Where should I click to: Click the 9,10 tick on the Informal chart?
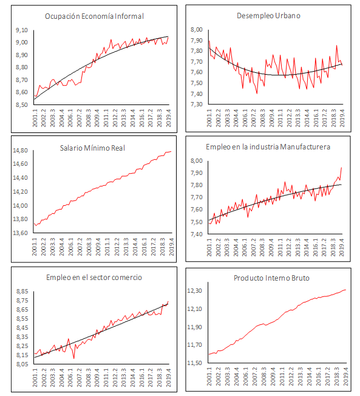point(21,30)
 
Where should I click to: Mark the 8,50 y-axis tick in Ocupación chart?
point(21,105)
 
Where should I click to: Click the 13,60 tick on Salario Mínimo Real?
point(20,233)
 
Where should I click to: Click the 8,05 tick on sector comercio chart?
point(21,364)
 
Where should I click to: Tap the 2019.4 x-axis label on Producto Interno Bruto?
point(347,377)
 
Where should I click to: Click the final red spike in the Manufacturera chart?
point(342,168)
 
